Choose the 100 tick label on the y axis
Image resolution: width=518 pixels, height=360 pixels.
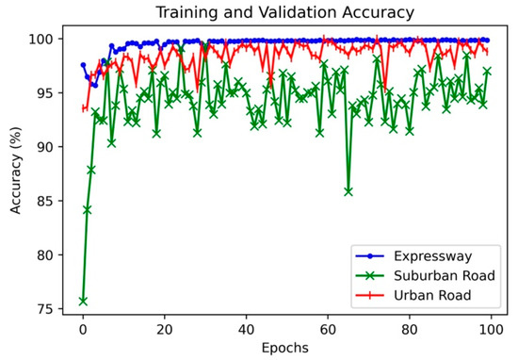click(46, 40)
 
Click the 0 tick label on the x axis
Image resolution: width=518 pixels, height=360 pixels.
click(83, 331)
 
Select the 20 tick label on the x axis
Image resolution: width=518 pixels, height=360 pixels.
click(165, 331)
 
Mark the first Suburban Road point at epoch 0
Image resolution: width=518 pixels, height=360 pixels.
click(83, 301)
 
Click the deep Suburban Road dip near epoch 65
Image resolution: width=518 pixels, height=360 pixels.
click(348, 190)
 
